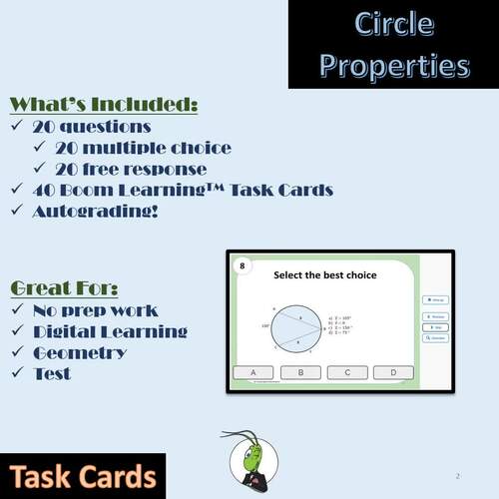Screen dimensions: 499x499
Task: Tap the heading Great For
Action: (64, 288)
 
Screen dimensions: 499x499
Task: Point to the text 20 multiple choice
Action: (143, 148)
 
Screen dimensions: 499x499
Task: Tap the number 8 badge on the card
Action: (241, 265)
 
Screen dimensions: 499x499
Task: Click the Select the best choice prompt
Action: (324, 274)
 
